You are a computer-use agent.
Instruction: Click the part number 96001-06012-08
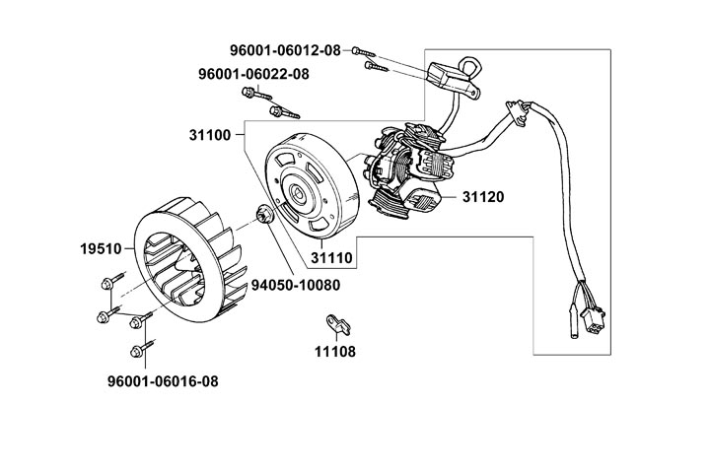(284, 50)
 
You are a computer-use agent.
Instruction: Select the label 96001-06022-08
(253, 74)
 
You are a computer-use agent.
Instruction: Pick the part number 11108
(335, 351)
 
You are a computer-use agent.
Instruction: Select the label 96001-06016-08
(164, 379)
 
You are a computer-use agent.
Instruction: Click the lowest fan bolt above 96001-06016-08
(136, 351)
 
